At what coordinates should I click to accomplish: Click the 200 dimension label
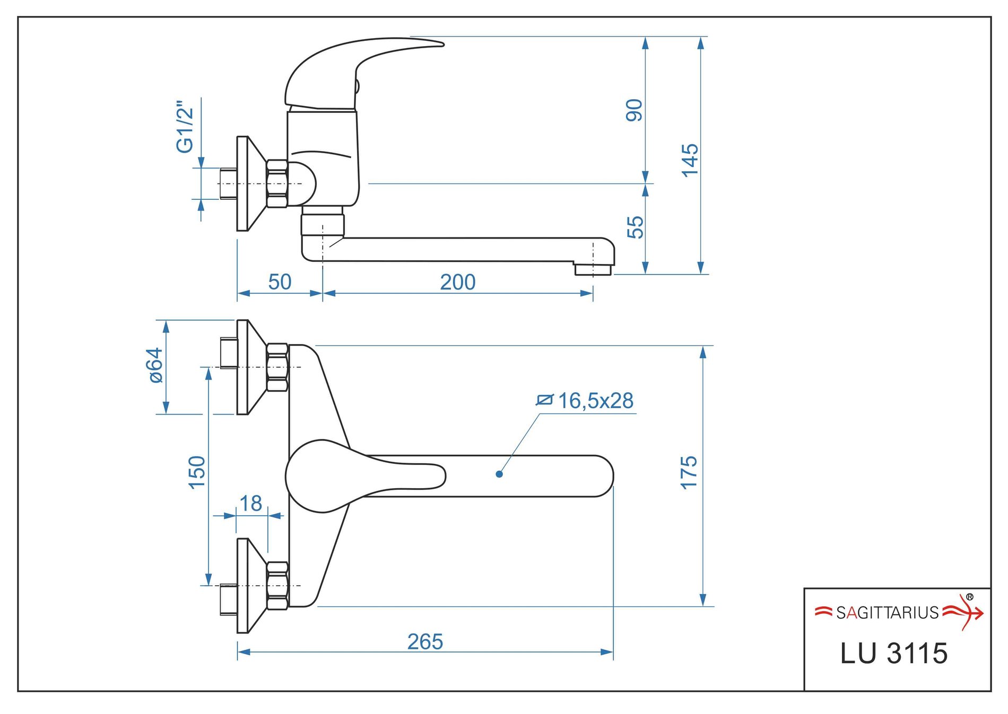457,282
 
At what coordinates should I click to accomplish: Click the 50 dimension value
280,282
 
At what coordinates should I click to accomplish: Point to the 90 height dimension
635,110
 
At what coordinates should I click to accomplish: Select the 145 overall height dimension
690,160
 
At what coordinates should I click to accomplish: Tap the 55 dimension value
635,227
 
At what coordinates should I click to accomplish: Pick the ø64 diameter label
155,365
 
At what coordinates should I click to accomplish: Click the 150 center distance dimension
197,472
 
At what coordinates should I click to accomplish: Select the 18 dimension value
250,504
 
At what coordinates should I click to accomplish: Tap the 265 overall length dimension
425,642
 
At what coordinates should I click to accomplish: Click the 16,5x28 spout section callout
595,401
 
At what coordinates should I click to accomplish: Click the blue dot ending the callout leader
499,474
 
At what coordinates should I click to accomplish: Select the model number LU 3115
894,653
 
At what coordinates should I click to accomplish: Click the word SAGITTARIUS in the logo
887,613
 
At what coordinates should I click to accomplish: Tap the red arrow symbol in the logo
966,613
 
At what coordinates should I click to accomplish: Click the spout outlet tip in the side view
593,269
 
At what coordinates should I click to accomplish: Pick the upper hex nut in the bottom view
277,367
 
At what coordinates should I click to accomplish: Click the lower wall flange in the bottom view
243,586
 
